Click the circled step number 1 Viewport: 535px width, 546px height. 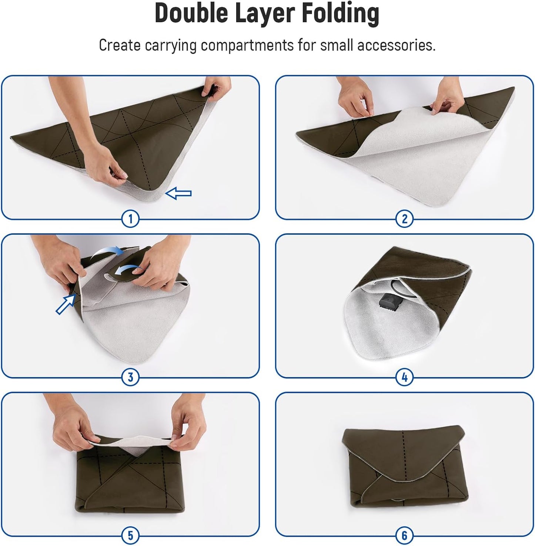130,219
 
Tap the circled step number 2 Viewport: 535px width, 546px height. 404,219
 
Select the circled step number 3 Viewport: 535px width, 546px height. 130,377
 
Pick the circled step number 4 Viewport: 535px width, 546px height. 404,377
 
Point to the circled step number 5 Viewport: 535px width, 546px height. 130,536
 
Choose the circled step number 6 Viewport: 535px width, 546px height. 404,536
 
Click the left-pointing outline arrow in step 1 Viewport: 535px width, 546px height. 178,193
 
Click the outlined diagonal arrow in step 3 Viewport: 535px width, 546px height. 65,304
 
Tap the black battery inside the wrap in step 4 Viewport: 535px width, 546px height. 390,302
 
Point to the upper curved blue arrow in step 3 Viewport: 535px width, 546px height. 107,252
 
